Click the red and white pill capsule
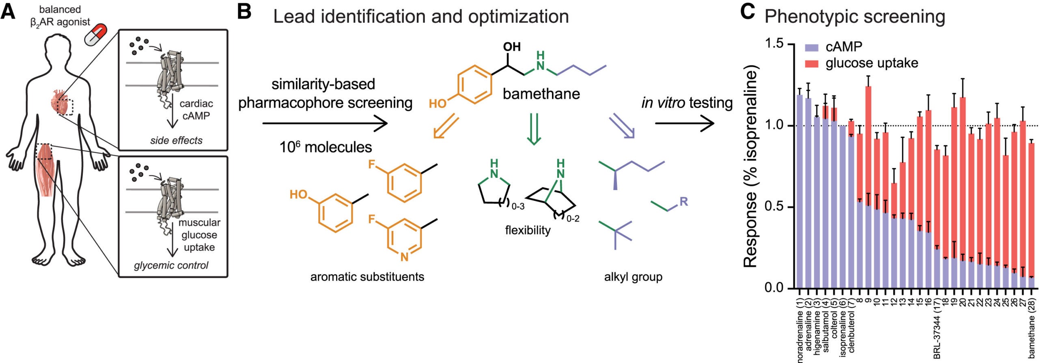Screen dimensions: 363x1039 click(x=97, y=35)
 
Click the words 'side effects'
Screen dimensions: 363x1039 click(x=176, y=140)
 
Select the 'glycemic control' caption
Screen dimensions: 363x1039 click(x=171, y=266)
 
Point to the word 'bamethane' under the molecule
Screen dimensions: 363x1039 click(x=541, y=94)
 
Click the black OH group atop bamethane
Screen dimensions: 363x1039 click(x=512, y=47)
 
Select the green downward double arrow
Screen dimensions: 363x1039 click(x=533, y=129)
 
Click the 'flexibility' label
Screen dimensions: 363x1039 click(x=528, y=230)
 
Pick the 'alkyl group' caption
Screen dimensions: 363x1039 click(x=633, y=277)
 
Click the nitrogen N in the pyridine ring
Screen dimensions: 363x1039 click(x=404, y=257)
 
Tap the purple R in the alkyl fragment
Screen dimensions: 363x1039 click(x=683, y=201)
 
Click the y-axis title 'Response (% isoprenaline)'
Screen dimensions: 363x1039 click(x=751, y=166)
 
